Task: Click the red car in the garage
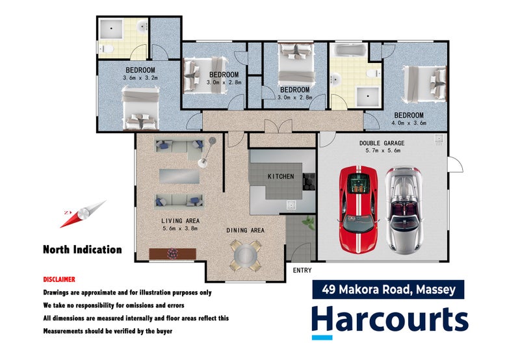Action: pos(357,210)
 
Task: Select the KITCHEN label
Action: pos(281,176)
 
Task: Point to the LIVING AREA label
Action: pos(178,221)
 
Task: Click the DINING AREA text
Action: pos(246,230)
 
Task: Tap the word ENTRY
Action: pos(302,270)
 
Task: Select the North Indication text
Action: pos(82,249)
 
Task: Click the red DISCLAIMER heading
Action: pos(59,279)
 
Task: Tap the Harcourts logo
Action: pos(389,320)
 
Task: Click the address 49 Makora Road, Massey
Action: pos(387,289)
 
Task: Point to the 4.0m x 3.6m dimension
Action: pos(408,123)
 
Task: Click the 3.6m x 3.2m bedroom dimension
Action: pos(140,78)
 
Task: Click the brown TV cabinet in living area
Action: pos(172,253)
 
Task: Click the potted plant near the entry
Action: pos(307,222)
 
